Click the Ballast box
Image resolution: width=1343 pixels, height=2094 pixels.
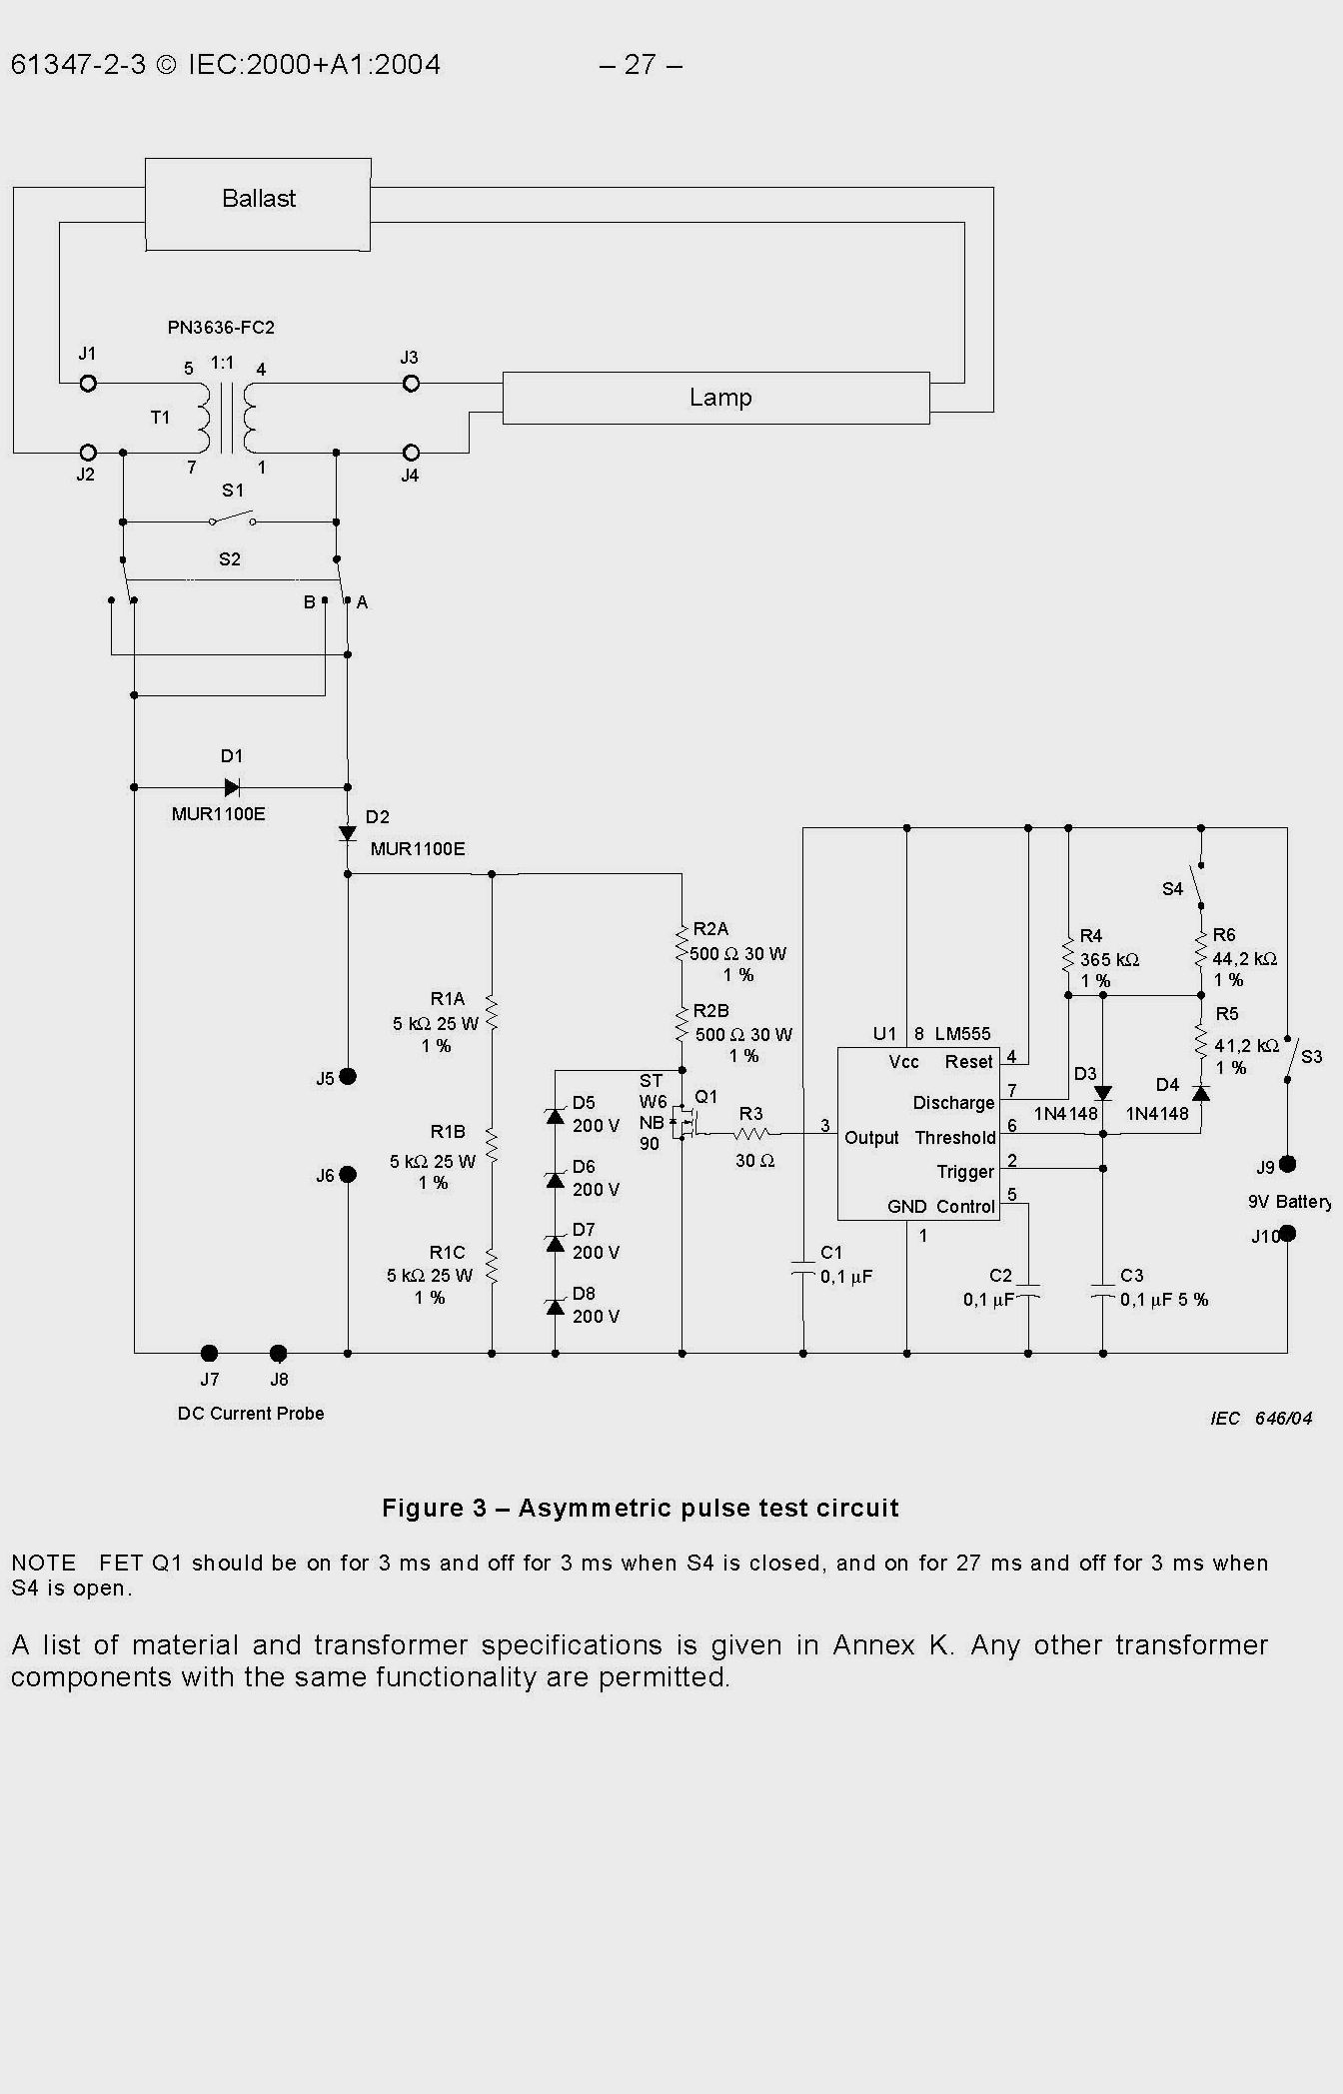[258, 204]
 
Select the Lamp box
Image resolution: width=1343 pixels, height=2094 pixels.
[715, 398]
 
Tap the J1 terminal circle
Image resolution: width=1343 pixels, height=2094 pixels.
[88, 384]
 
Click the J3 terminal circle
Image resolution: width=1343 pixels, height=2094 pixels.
[411, 384]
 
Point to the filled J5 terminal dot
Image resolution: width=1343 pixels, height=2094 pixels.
[348, 1076]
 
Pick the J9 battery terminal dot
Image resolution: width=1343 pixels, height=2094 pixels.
[1288, 1164]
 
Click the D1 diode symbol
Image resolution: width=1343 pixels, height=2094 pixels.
[232, 787]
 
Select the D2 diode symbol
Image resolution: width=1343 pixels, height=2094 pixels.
[348, 833]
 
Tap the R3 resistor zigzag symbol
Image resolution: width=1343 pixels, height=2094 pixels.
[750, 1134]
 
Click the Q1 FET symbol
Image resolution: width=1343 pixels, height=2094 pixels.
[684, 1123]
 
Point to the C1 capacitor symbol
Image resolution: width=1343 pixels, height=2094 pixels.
[803, 1269]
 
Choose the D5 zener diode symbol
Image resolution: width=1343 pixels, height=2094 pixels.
[556, 1115]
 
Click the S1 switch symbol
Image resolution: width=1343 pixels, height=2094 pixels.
[232, 520]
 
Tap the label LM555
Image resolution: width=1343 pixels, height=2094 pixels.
[962, 1034]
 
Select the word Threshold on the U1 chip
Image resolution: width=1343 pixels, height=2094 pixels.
[955, 1138]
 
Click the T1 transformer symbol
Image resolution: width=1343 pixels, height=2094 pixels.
[227, 418]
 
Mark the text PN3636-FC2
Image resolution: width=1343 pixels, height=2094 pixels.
[221, 328]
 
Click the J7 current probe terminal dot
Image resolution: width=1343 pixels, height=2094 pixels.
[209, 1354]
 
